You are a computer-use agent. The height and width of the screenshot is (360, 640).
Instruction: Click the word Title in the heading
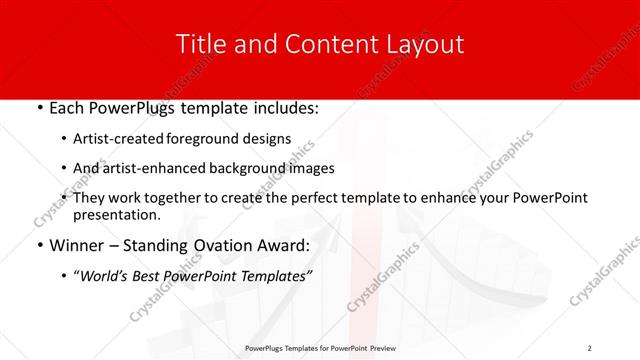click(x=199, y=44)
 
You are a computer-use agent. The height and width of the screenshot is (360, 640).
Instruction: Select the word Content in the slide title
click(x=321, y=44)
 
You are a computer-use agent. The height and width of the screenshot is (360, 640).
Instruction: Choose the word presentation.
click(x=117, y=215)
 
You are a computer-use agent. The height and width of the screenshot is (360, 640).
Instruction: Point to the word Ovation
click(x=226, y=246)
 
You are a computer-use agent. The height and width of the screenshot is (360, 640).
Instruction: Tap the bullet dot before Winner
click(x=39, y=246)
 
